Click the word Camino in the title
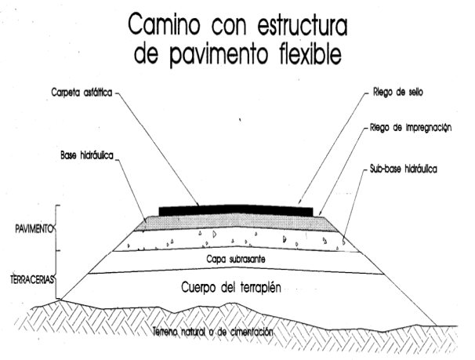click(x=164, y=24)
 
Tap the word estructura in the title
click(x=303, y=25)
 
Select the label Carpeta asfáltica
click(x=82, y=93)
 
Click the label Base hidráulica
click(x=87, y=156)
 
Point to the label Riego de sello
click(x=397, y=92)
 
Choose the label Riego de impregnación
click(x=411, y=128)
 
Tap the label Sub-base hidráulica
click(x=403, y=169)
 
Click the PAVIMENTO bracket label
click(x=34, y=229)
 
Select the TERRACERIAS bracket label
click(x=32, y=279)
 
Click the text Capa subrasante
click(x=236, y=260)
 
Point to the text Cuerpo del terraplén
click(x=231, y=287)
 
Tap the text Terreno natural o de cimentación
click(x=212, y=332)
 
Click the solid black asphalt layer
click(x=236, y=211)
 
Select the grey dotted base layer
click(x=236, y=223)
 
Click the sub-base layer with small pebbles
click(x=236, y=240)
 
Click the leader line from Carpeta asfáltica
click(x=157, y=149)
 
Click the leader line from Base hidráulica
click(x=131, y=188)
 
